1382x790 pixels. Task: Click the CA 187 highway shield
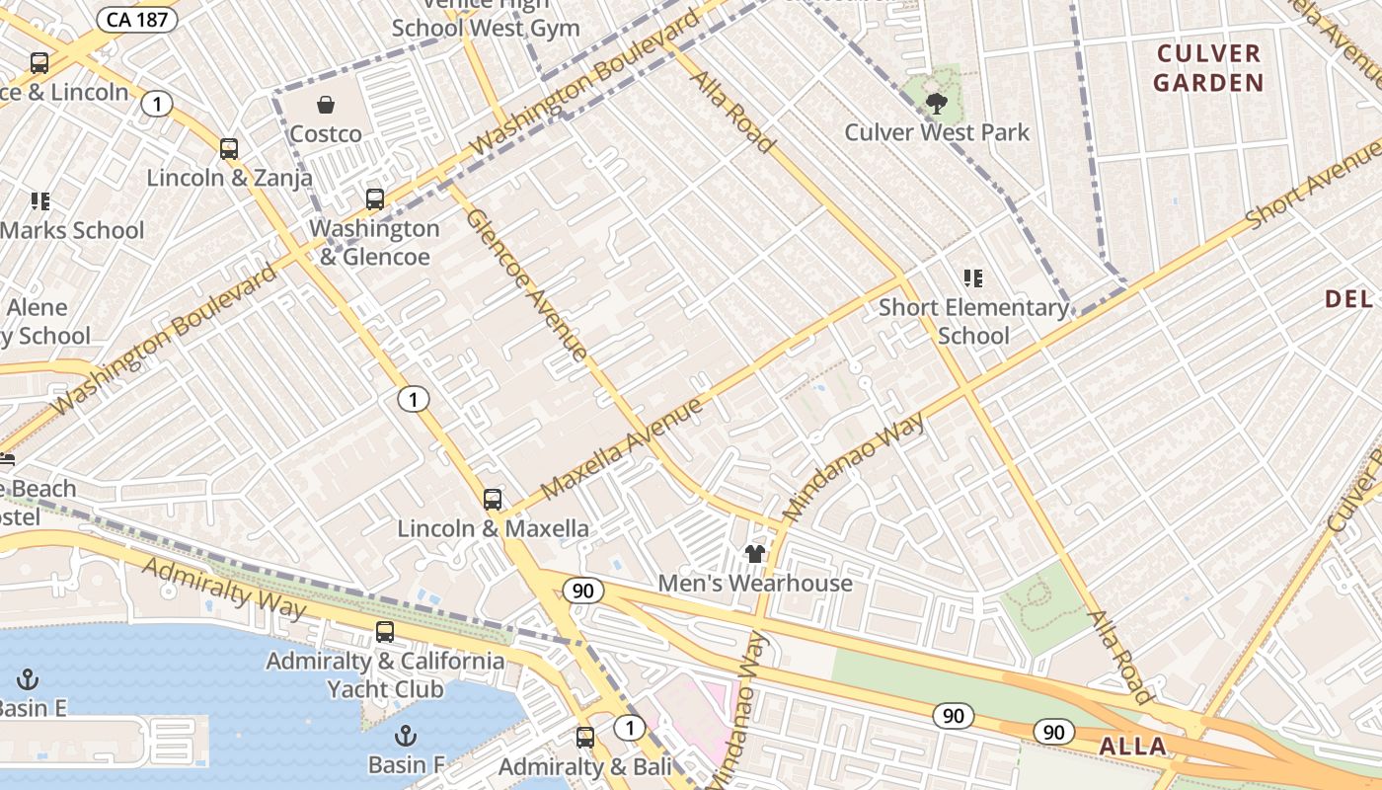click(137, 20)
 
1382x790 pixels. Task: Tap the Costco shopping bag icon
click(326, 105)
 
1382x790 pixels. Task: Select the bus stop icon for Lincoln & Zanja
click(229, 149)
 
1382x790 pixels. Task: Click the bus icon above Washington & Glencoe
click(375, 199)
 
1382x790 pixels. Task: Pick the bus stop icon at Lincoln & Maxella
click(493, 500)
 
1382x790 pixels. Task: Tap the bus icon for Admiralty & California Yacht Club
click(385, 632)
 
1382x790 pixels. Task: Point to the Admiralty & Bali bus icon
click(585, 737)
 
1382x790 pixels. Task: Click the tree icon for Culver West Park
click(937, 103)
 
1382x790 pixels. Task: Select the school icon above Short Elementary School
click(973, 279)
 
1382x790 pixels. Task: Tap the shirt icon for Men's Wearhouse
click(755, 554)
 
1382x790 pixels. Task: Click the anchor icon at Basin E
click(28, 679)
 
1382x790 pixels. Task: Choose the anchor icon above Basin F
click(405, 736)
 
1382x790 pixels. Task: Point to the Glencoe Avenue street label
click(526, 283)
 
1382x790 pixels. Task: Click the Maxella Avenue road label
click(622, 447)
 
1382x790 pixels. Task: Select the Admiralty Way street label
click(225, 588)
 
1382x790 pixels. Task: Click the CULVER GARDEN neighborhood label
click(1208, 68)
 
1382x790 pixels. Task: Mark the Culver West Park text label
click(937, 132)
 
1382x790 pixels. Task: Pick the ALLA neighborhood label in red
click(1133, 746)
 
